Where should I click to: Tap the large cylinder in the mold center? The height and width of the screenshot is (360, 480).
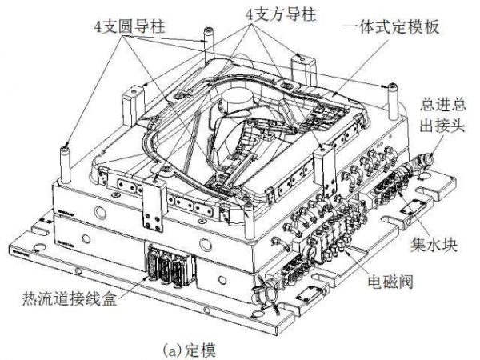(x=238, y=103)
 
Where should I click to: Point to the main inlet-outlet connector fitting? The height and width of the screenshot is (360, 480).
(x=421, y=159)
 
